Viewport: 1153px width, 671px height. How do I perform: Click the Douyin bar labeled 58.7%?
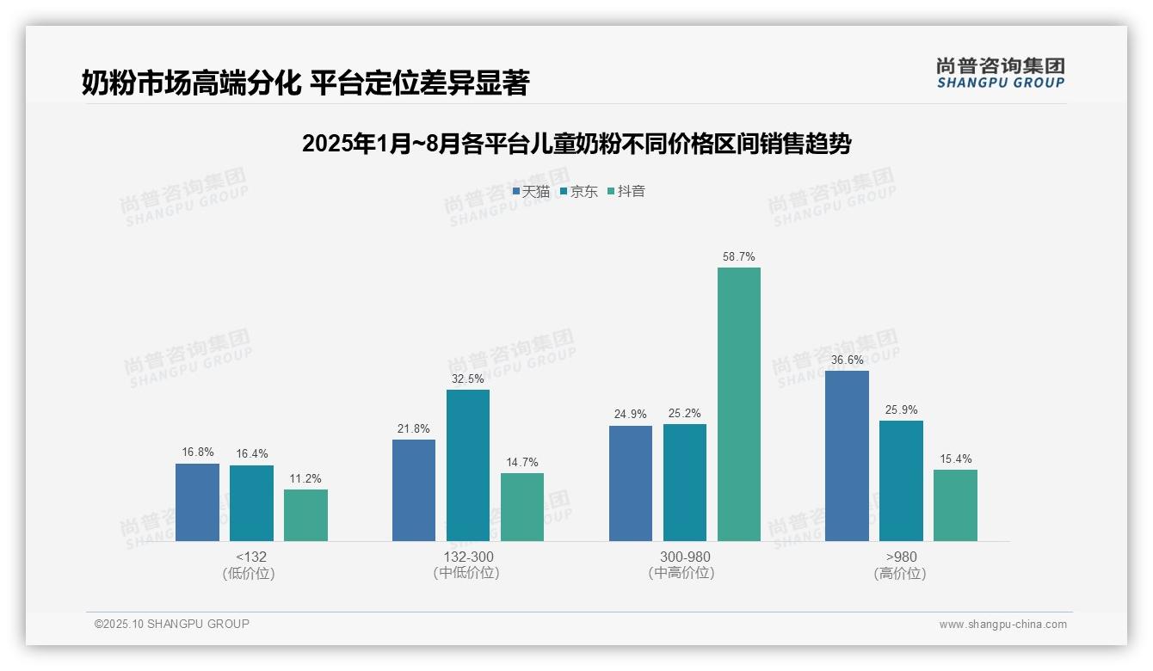[738, 404]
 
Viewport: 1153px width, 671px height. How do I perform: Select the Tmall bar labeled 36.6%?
[847, 456]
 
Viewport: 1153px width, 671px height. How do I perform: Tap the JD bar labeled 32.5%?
[467, 465]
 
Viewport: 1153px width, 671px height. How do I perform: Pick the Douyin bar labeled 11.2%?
[305, 515]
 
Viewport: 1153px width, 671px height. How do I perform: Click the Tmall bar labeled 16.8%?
[197, 502]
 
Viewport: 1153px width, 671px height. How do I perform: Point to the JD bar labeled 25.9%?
[901, 481]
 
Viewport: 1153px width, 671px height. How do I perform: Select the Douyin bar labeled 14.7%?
[521, 507]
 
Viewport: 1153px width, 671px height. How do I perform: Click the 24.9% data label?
[630, 414]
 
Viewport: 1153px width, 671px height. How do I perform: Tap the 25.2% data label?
[684, 414]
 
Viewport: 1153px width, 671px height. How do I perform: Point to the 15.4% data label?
[955, 459]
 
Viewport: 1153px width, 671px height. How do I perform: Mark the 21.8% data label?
[413, 428]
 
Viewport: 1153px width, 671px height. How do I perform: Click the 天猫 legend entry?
[531, 192]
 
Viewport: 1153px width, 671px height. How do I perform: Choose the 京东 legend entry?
[579, 192]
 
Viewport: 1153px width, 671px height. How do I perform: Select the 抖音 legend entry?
[627, 192]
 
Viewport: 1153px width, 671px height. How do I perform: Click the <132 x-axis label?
[250, 557]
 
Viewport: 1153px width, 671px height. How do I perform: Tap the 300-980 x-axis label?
[684, 557]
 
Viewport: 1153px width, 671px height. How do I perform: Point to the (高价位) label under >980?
[900, 574]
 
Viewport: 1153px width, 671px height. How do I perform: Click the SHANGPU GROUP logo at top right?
[1000, 73]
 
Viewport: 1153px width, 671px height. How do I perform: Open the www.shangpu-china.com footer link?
[1002, 625]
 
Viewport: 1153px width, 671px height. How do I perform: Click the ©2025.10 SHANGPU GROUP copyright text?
[172, 625]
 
